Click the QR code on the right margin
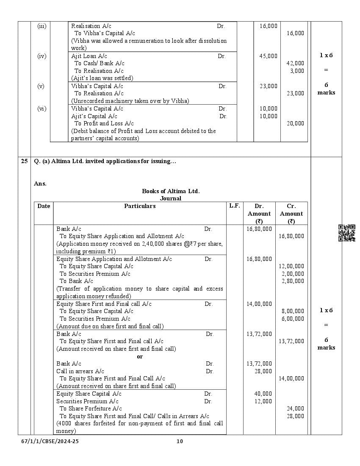(x=347, y=233)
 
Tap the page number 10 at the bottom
(x=180, y=441)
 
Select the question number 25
(x=24, y=161)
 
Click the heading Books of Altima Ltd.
(x=171, y=191)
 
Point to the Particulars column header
(x=140, y=206)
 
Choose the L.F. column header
(x=235, y=206)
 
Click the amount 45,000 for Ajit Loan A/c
(x=269, y=56)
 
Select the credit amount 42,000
(x=295, y=64)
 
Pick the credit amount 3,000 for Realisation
(x=297, y=71)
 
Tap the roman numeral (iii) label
(x=42, y=26)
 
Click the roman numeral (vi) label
(x=42, y=108)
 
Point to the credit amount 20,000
(x=295, y=123)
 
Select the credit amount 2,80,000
(x=293, y=281)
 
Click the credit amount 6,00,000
(x=293, y=319)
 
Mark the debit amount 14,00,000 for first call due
(x=259, y=304)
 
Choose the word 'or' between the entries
(x=140, y=356)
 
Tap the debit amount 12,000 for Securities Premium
(x=263, y=401)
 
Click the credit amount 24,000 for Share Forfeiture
(x=295, y=408)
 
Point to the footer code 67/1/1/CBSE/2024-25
(x=50, y=441)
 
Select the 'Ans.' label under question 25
(x=40, y=183)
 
